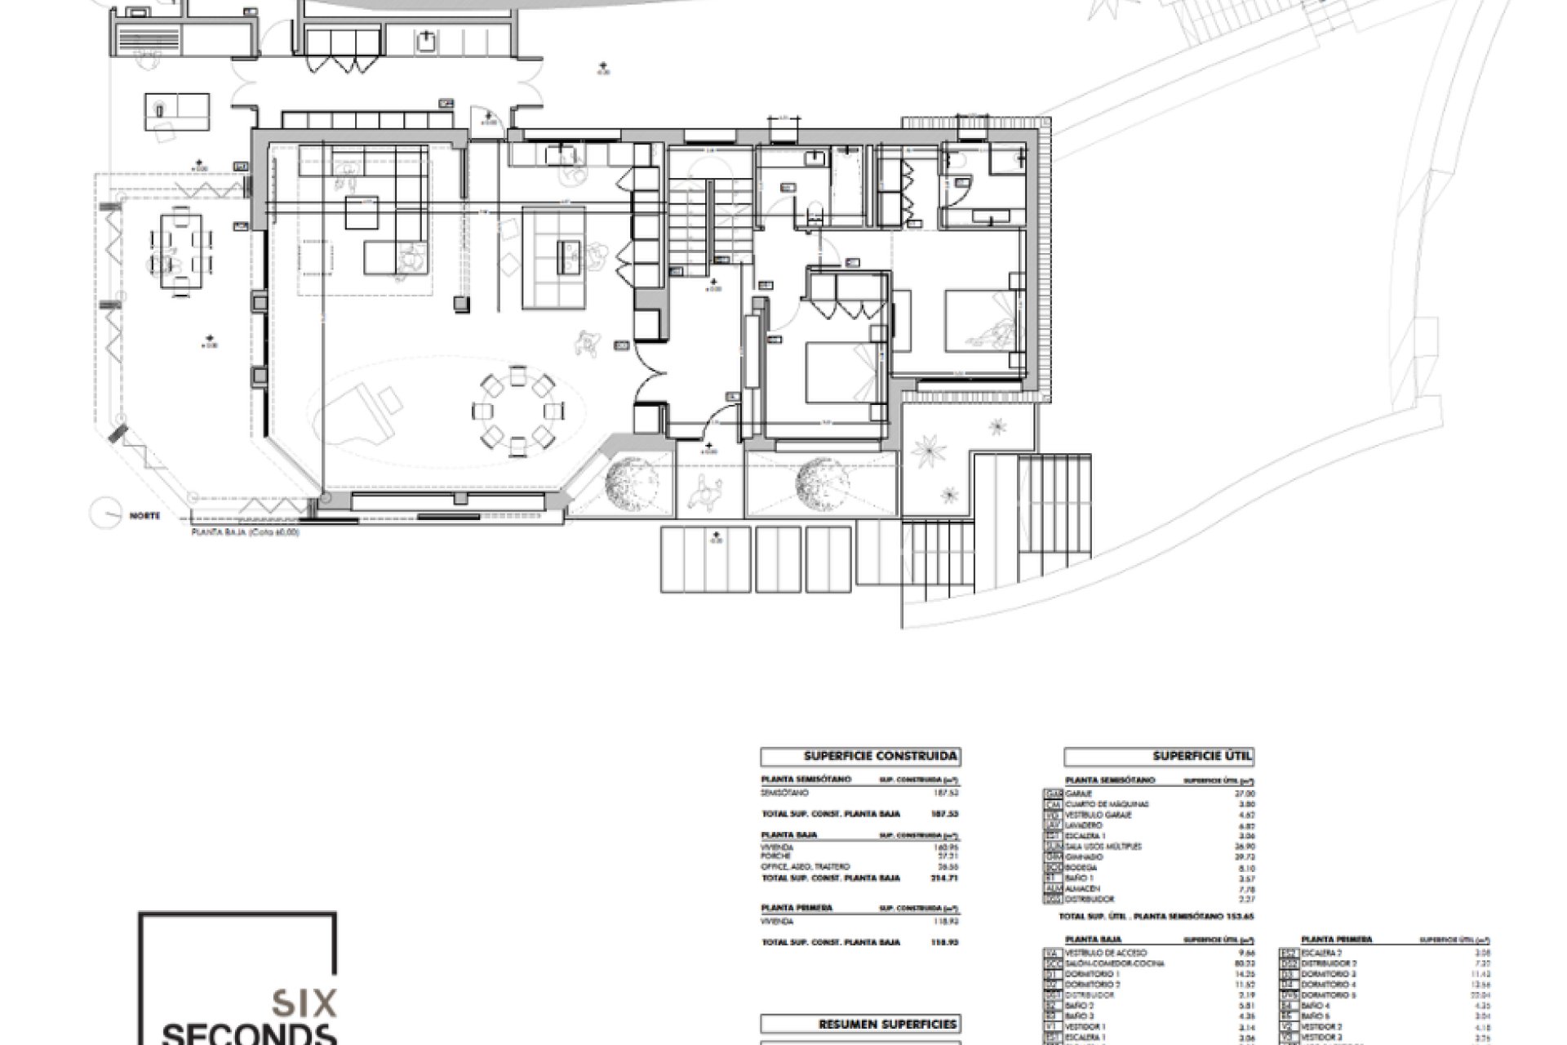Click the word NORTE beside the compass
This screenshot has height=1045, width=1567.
(144, 516)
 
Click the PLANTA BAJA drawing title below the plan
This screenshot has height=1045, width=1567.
(245, 532)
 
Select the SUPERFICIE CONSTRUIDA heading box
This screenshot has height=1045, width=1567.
(859, 757)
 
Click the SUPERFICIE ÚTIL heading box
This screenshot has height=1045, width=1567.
(1159, 757)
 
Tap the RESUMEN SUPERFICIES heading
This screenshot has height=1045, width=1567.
(859, 1025)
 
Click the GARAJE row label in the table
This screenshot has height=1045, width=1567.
(1081, 794)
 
